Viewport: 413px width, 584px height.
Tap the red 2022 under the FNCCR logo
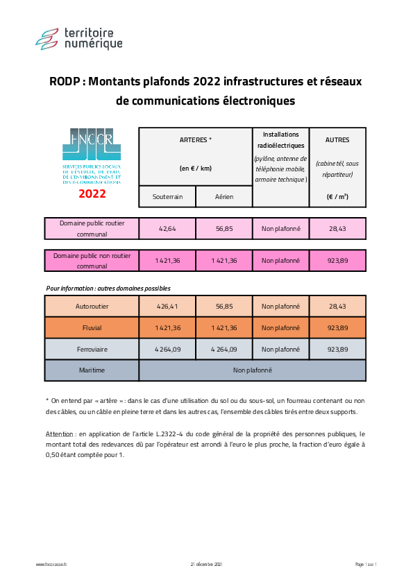point(92,194)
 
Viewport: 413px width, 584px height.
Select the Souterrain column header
point(167,196)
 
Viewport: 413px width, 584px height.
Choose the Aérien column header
point(224,196)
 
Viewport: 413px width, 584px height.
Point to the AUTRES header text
point(337,139)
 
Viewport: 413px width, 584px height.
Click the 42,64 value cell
point(167,228)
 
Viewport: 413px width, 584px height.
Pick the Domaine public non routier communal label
point(92,261)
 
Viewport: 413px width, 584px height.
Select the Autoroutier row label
point(92,306)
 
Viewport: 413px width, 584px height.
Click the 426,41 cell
point(167,306)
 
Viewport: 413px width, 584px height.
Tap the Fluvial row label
point(92,327)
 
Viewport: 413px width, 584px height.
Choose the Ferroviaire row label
point(92,349)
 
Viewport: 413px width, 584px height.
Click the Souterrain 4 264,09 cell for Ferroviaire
point(167,349)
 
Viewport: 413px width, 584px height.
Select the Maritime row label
point(92,370)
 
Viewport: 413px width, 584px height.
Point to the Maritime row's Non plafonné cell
point(252,370)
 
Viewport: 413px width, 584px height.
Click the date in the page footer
point(206,565)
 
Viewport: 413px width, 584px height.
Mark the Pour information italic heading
point(108,288)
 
